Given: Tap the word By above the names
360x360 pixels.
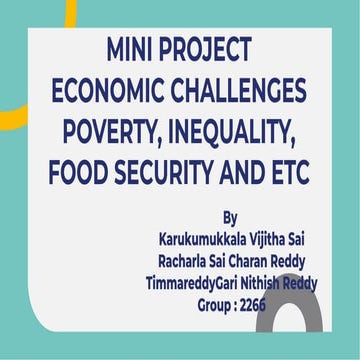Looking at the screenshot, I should (x=232, y=217).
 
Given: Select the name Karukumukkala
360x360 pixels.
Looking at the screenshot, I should (x=204, y=240).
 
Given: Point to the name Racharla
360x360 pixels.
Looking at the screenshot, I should (x=187, y=262).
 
